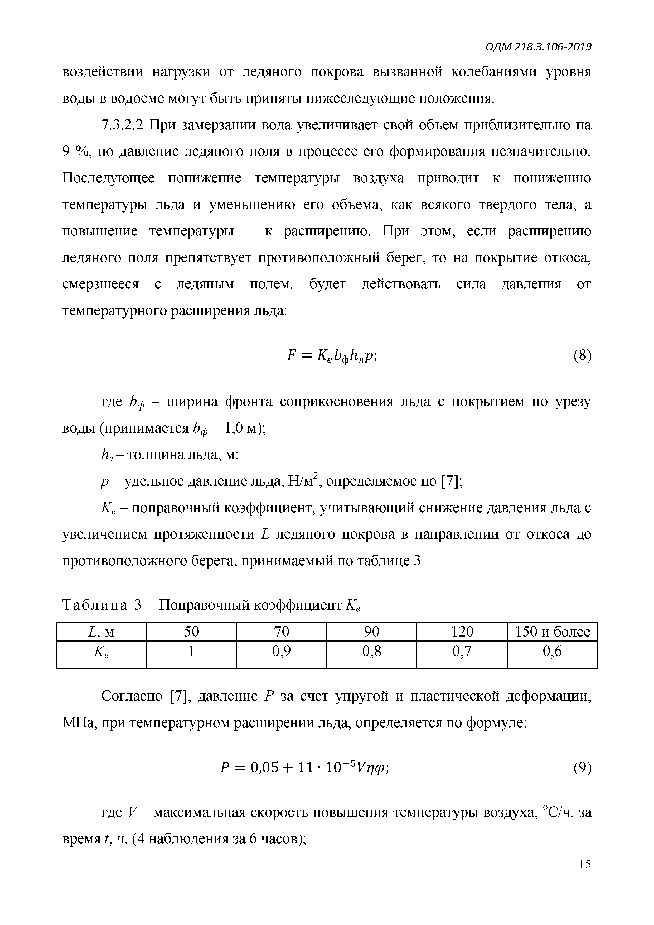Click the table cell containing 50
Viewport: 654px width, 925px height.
[x=191, y=631]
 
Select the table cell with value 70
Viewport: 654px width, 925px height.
[x=282, y=631]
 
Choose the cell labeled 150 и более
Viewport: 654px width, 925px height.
[x=552, y=631]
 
